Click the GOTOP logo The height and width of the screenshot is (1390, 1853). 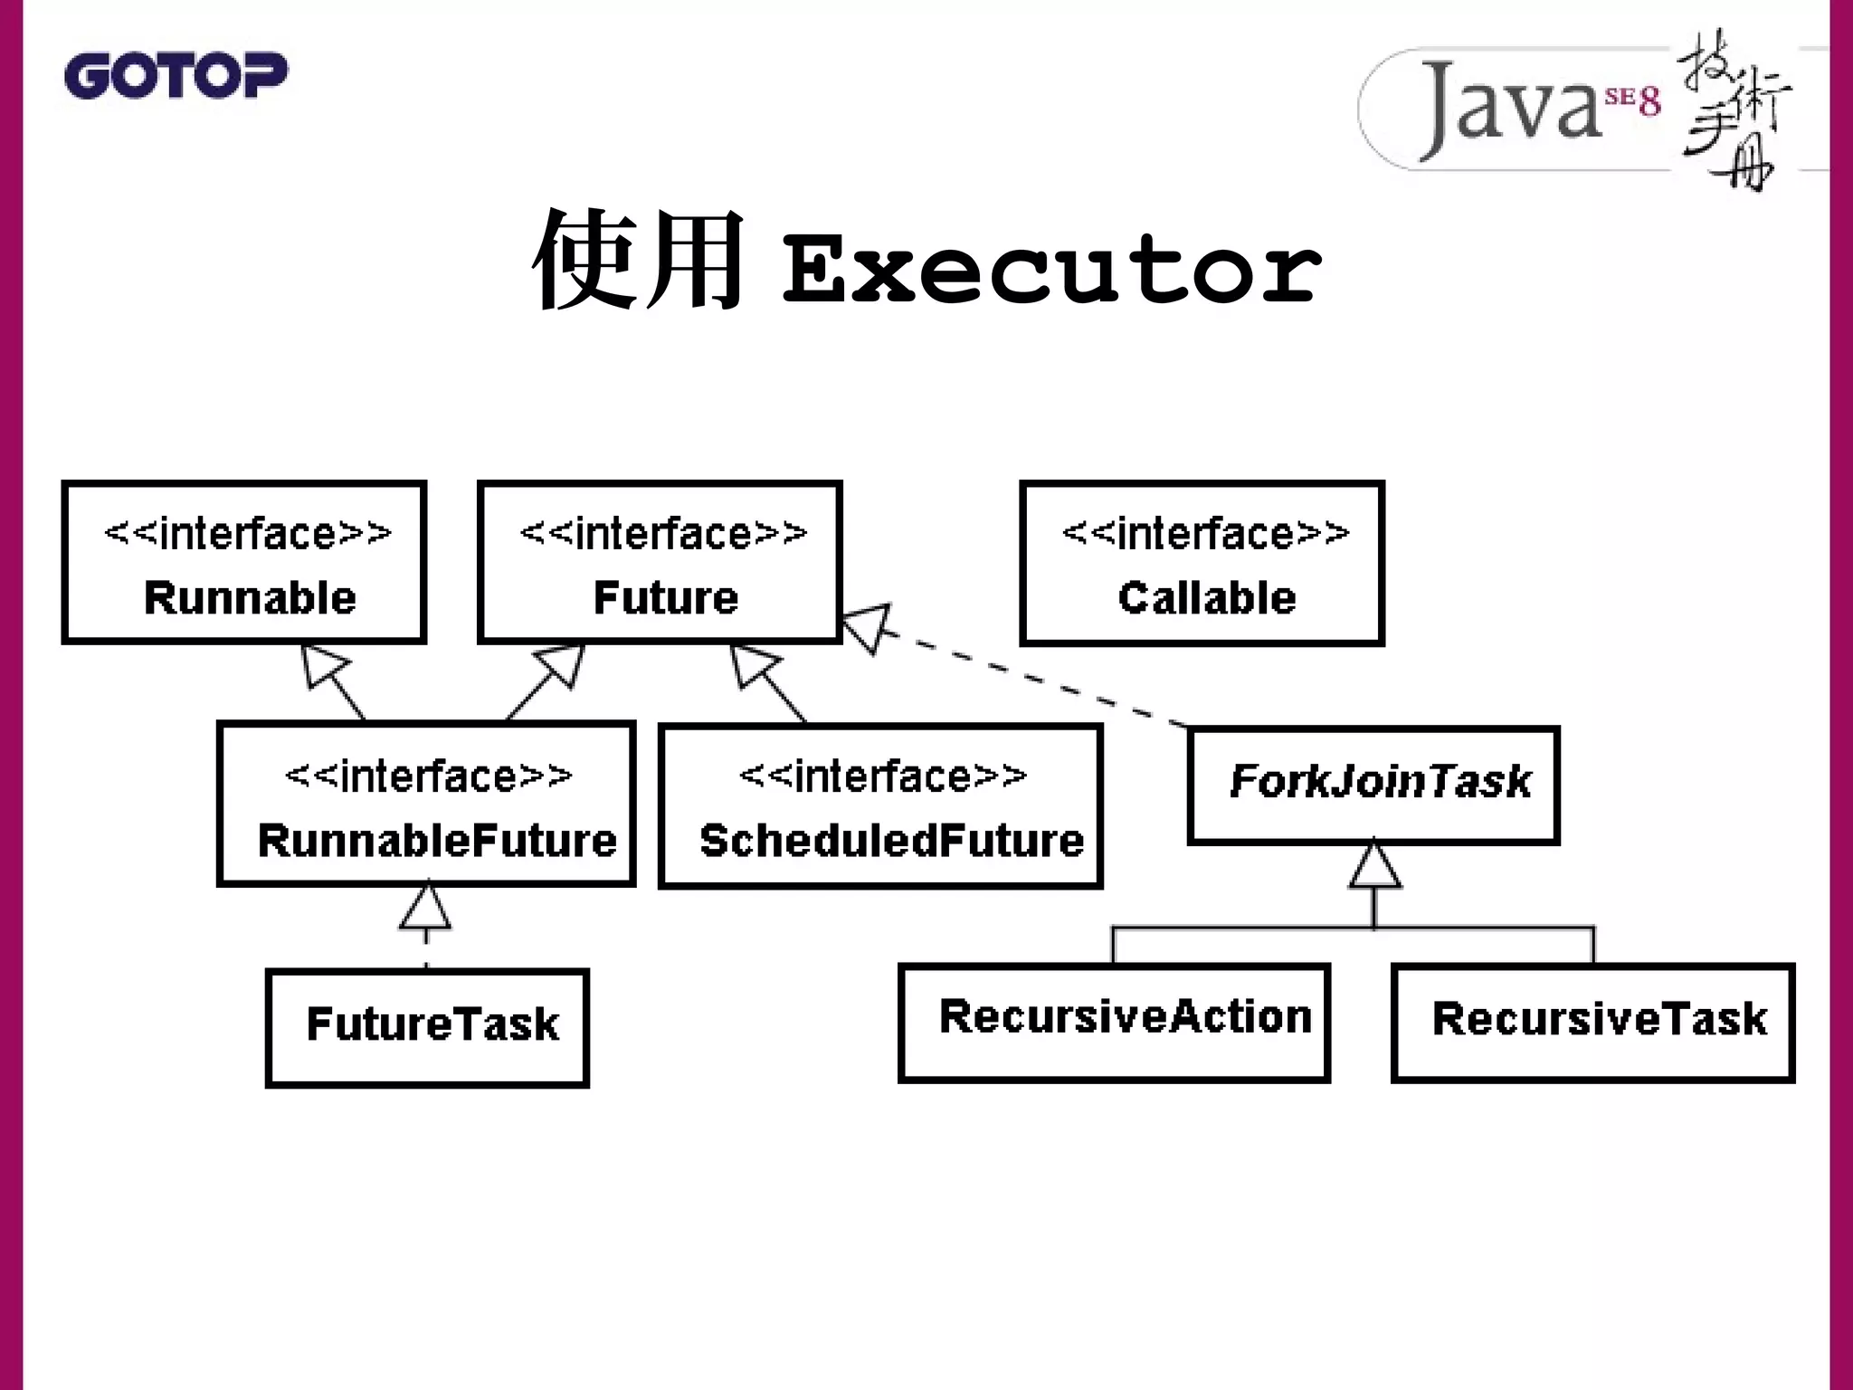[176, 75]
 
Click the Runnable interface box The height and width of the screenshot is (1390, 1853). [244, 563]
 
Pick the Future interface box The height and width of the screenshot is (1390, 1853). [660, 563]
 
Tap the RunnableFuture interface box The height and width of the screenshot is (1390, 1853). [426, 804]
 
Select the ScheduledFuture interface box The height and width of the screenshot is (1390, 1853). [880, 805]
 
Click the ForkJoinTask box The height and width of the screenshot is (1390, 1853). [1373, 785]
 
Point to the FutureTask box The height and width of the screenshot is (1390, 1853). [427, 1027]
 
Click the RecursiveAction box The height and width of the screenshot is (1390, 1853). [1114, 1022]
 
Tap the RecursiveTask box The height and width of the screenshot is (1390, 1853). [1592, 1022]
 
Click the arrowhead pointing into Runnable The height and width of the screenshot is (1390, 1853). [322, 667]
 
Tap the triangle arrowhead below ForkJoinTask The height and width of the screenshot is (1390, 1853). [1374, 866]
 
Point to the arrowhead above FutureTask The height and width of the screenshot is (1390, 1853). [425, 908]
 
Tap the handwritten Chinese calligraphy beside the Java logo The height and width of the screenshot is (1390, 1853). [1734, 109]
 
